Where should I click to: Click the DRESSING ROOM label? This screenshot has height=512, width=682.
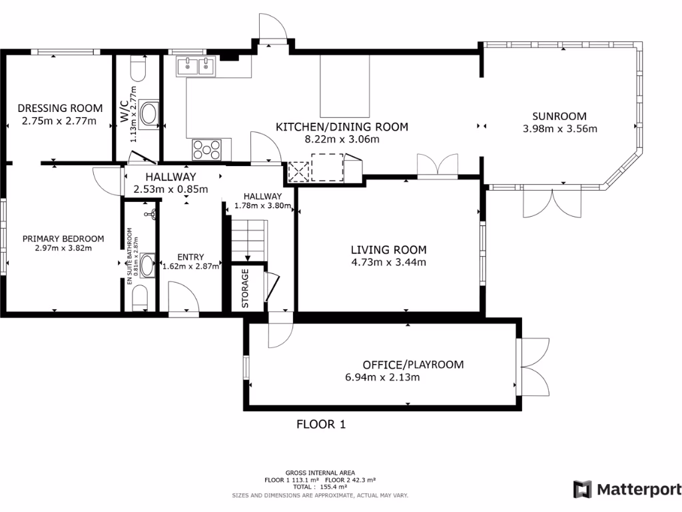tap(60, 108)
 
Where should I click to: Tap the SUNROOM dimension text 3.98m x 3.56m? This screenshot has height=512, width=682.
tap(559, 129)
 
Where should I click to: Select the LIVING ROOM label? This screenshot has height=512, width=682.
tap(389, 250)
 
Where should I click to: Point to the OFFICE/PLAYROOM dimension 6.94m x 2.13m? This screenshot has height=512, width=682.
tap(382, 377)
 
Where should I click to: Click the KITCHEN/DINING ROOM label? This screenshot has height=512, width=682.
tap(342, 127)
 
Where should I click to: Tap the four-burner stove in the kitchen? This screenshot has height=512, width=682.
tap(206, 150)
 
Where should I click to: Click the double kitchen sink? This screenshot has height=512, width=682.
tap(196, 67)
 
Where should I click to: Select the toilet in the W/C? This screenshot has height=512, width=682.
tap(139, 69)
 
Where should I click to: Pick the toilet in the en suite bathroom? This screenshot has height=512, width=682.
tap(140, 298)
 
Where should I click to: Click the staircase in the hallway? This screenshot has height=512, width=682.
tap(248, 241)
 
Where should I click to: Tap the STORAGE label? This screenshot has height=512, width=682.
tap(245, 288)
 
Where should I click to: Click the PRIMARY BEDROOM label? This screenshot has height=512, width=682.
tap(63, 239)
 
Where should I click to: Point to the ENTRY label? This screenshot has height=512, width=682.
tap(190, 257)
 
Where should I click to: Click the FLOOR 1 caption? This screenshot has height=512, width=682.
tap(321, 424)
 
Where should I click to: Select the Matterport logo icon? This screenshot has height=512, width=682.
tap(582, 489)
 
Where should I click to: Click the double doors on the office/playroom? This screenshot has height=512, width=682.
tap(534, 367)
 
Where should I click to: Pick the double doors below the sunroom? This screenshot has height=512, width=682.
tap(552, 201)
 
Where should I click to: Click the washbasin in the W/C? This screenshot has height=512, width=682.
tap(149, 113)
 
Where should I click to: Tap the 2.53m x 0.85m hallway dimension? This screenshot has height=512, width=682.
tap(170, 189)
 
